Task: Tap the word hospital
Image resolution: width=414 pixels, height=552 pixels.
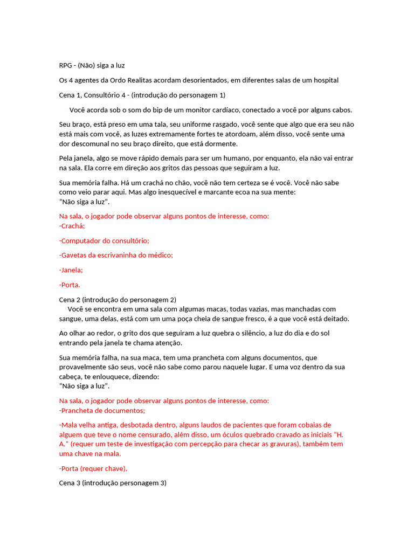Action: [324, 80]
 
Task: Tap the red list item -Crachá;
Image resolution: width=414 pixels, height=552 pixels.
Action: [72, 226]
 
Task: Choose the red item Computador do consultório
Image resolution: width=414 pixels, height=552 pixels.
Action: [104, 240]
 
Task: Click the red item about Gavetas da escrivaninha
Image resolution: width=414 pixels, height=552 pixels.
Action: [116, 255]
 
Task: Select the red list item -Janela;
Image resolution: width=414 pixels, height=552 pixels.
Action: [71, 270]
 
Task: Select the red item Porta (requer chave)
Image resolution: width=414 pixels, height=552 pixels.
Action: [93, 468]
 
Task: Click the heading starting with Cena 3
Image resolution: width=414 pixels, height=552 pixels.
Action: [113, 483]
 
